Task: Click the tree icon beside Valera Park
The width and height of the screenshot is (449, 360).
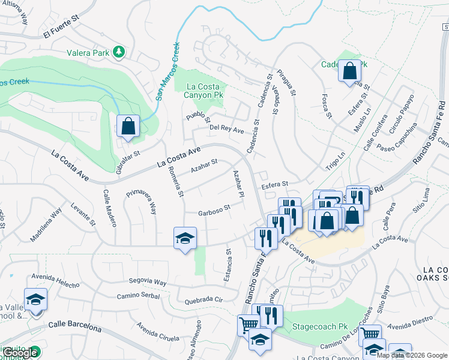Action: [119, 52]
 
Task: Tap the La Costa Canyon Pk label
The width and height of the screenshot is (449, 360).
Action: [200, 91]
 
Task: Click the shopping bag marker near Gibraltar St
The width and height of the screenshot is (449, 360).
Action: [128, 127]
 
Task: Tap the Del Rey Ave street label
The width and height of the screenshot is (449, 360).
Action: [227, 128]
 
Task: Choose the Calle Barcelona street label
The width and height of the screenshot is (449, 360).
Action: [74, 327]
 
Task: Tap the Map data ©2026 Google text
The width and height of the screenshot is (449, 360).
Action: [412, 355]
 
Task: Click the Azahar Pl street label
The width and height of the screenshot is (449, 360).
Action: [238, 184]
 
